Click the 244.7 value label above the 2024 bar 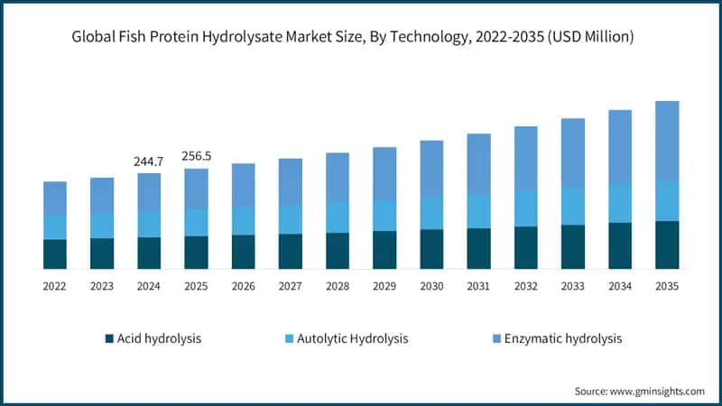click(149, 161)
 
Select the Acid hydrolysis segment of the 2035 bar click(666, 245)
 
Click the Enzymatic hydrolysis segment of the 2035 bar click(666, 141)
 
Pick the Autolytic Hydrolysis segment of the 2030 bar click(431, 213)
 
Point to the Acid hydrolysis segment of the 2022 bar click(55, 254)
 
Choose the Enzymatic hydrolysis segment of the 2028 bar click(338, 177)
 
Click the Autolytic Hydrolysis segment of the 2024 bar click(149, 224)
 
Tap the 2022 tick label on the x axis click(55, 286)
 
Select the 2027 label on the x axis click(290, 286)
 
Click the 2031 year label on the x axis click(478, 286)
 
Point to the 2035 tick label click(666, 286)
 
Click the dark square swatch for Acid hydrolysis click(109, 339)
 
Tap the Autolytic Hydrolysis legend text click(354, 339)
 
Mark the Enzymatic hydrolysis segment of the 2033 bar click(572, 152)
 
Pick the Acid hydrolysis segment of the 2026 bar click(243, 252)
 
